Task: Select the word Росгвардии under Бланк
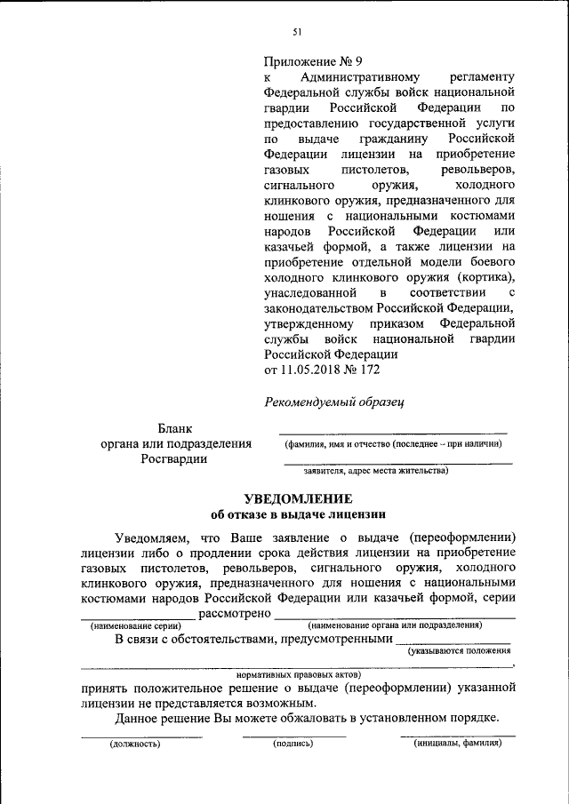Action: point(174,458)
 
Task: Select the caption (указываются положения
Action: point(459,651)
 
